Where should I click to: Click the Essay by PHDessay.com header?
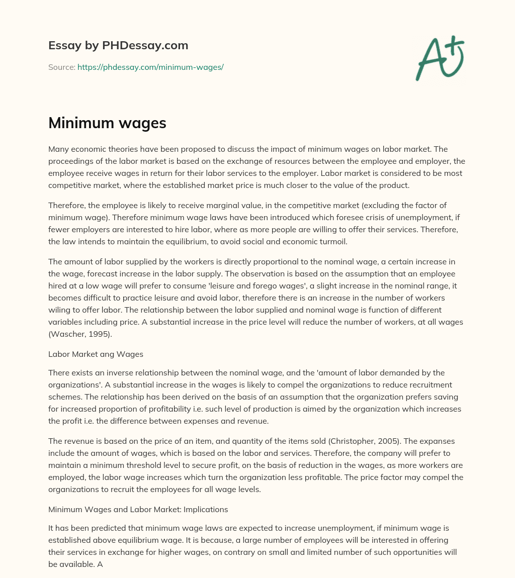coord(118,46)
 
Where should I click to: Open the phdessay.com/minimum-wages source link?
coord(150,67)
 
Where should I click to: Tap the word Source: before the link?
coord(62,67)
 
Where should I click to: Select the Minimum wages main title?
coord(107,123)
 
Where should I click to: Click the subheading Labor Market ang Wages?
coord(96,354)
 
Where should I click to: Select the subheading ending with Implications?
coord(138,509)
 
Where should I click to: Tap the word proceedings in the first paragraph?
coord(73,161)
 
